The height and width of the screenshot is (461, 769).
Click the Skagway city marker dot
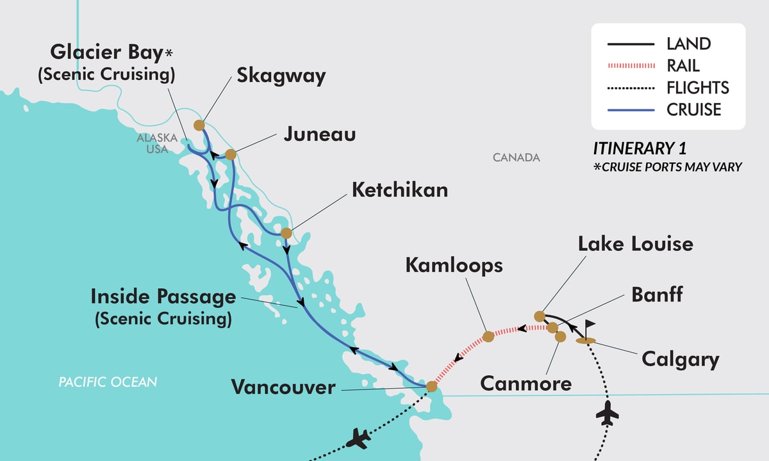tap(199, 125)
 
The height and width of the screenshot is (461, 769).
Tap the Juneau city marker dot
tap(231, 154)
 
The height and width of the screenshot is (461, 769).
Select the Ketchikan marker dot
tap(286, 233)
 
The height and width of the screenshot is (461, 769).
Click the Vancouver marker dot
tap(431, 387)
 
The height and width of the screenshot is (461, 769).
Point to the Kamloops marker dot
tap(488, 336)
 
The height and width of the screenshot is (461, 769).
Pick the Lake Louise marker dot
tap(540, 316)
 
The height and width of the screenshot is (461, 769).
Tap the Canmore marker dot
tap(561, 336)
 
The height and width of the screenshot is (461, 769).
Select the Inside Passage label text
tap(163, 297)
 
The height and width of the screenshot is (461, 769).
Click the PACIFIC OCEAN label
tap(108, 382)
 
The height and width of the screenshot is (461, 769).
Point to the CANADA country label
tap(517, 158)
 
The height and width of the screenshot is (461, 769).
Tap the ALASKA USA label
tap(152, 143)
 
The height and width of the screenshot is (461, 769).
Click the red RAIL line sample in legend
tap(631, 66)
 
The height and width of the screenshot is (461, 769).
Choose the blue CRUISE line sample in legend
tap(631, 110)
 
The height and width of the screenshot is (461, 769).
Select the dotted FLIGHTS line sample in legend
tap(631, 88)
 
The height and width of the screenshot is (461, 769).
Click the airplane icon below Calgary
tap(607, 414)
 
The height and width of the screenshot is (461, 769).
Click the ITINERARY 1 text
tap(639, 149)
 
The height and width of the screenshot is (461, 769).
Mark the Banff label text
tap(657, 295)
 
